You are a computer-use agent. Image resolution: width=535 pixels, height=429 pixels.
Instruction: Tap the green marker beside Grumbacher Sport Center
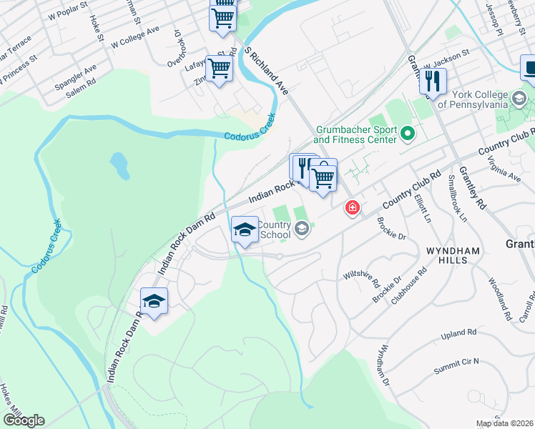click(408, 133)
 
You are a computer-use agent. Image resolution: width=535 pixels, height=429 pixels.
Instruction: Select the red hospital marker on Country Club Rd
click(352, 207)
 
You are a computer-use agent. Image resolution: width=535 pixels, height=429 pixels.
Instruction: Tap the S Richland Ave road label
click(267, 71)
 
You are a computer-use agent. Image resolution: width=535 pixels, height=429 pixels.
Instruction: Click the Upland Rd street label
click(458, 333)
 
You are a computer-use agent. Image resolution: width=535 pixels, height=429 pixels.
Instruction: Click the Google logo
click(24, 420)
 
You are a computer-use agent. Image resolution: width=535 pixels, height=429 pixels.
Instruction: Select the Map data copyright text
click(505, 423)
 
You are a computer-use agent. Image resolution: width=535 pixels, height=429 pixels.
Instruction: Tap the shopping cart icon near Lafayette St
click(219, 69)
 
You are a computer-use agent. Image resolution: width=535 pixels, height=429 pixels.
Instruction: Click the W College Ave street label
click(135, 39)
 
